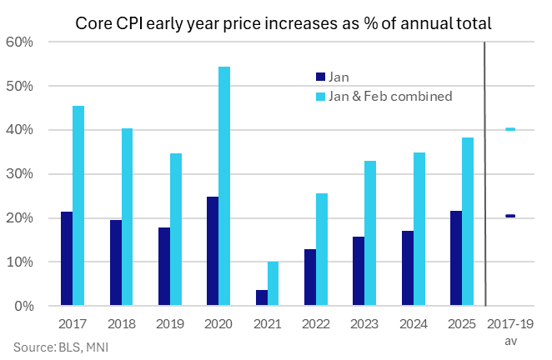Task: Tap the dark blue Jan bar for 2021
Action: pyautogui.click(x=262, y=297)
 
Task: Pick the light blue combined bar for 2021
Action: pyautogui.click(x=273, y=283)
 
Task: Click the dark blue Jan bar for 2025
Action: pyautogui.click(x=455, y=258)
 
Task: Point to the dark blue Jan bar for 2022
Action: pyautogui.click(x=310, y=277)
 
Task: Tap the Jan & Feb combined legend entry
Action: pyautogui.click(x=384, y=96)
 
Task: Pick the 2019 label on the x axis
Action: pyautogui.click(x=170, y=322)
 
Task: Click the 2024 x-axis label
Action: pyautogui.click(x=413, y=322)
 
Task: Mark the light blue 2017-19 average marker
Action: pyautogui.click(x=509, y=129)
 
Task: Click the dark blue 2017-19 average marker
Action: pyautogui.click(x=509, y=216)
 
